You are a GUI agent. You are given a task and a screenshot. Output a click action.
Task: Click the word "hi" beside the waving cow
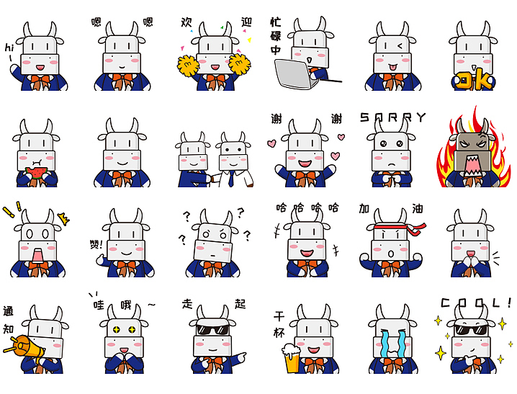coord(9,48)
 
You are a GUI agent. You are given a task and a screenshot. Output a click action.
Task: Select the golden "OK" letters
coord(473,81)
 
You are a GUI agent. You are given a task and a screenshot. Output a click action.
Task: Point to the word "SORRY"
coord(392,117)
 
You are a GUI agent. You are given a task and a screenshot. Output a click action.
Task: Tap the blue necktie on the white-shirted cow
coord(231,179)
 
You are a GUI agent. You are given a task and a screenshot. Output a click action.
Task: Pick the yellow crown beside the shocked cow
coord(63,218)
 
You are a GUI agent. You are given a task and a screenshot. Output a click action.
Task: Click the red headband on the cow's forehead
coord(400,228)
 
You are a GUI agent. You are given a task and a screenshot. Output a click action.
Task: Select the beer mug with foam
coord(290,359)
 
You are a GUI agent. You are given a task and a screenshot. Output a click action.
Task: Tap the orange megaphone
coord(24,347)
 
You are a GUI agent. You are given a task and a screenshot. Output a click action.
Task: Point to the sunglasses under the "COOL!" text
coord(471,329)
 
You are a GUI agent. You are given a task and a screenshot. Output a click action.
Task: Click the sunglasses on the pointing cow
coord(212,329)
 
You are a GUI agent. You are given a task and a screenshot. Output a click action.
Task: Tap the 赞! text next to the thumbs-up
coord(96,244)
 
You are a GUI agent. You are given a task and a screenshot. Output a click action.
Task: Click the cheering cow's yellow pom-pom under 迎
coord(239,63)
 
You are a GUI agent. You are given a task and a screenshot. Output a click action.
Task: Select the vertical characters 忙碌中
coord(276,36)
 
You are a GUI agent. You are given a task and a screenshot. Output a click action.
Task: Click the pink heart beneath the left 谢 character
coord(271,143)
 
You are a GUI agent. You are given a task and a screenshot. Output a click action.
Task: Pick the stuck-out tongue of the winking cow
coord(392,68)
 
